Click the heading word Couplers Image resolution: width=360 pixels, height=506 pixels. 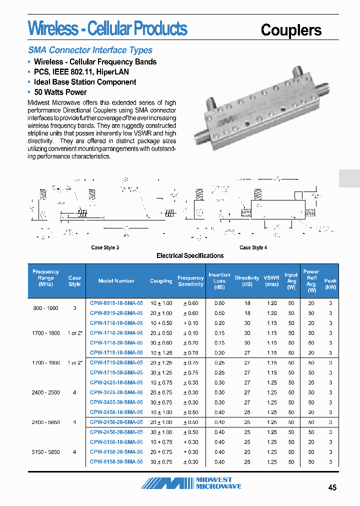coord(291,30)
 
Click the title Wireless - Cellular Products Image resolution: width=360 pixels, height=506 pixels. coord(107,28)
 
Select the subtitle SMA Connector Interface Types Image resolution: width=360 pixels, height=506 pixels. coord(90,50)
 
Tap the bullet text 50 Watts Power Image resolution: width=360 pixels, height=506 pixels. coord(60,92)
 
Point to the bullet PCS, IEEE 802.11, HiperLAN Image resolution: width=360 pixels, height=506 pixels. coord(81,72)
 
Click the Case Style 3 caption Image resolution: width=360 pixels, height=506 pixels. coord(105,247)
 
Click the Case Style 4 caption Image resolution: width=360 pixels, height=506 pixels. coord(253,247)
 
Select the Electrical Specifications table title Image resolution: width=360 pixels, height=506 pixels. coord(190,255)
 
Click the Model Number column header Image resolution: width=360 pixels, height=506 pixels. coord(116,281)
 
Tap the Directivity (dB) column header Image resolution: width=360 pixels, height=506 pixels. coord(247,280)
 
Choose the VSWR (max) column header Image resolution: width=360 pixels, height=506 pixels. coord(271,280)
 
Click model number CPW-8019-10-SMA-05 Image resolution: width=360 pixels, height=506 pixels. coord(116,303)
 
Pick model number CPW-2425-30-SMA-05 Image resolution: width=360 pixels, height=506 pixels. coord(116,402)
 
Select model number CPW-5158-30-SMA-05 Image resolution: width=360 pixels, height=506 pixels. coord(116,461)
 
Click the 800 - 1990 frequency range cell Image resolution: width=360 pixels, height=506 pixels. coord(45,308)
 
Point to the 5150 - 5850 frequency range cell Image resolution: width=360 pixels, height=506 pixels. coord(45,452)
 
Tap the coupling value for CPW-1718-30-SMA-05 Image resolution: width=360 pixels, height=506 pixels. coord(161,342)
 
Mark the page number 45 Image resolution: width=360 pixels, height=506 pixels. coord(332,488)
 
